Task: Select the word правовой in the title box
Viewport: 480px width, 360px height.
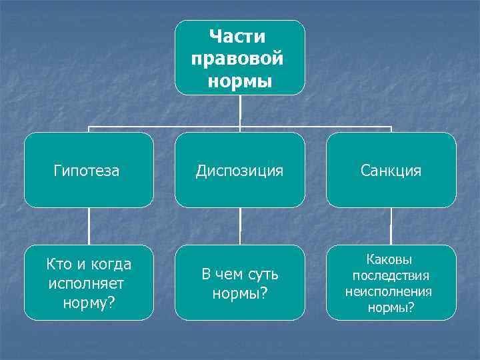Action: click(237, 58)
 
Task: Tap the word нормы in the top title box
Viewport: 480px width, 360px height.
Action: click(239, 81)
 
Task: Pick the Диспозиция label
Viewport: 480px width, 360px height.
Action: click(239, 171)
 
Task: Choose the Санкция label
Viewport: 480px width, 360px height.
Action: click(391, 171)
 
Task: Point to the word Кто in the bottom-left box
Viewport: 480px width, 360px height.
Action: click(58, 265)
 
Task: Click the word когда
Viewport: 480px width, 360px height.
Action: click(107, 265)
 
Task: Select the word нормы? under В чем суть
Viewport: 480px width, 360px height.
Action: click(239, 293)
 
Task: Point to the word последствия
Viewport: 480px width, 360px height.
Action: click(391, 275)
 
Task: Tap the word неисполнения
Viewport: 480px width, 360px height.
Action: click(389, 291)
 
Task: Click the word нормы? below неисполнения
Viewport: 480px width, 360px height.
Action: click(391, 307)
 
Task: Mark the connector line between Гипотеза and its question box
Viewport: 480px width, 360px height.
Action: click(89, 227)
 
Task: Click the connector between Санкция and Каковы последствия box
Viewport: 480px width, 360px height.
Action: click(391, 227)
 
